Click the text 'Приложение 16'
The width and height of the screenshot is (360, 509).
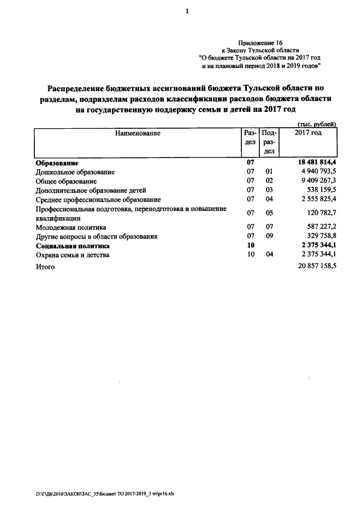(x=261, y=43)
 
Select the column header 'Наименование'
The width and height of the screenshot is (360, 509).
(x=138, y=133)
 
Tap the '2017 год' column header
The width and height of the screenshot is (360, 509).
(x=308, y=133)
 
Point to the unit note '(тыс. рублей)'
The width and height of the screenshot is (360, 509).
(x=316, y=124)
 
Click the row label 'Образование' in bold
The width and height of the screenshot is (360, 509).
(x=56, y=163)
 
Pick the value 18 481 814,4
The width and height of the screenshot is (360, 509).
(x=313, y=163)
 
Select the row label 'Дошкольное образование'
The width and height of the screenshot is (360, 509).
(x=75, y=172)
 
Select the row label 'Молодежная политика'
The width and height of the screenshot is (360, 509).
(x=71, y=227)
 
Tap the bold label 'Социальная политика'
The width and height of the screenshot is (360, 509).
(x=73, y=246)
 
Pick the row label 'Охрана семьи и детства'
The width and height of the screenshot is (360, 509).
(x=73, y=255)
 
